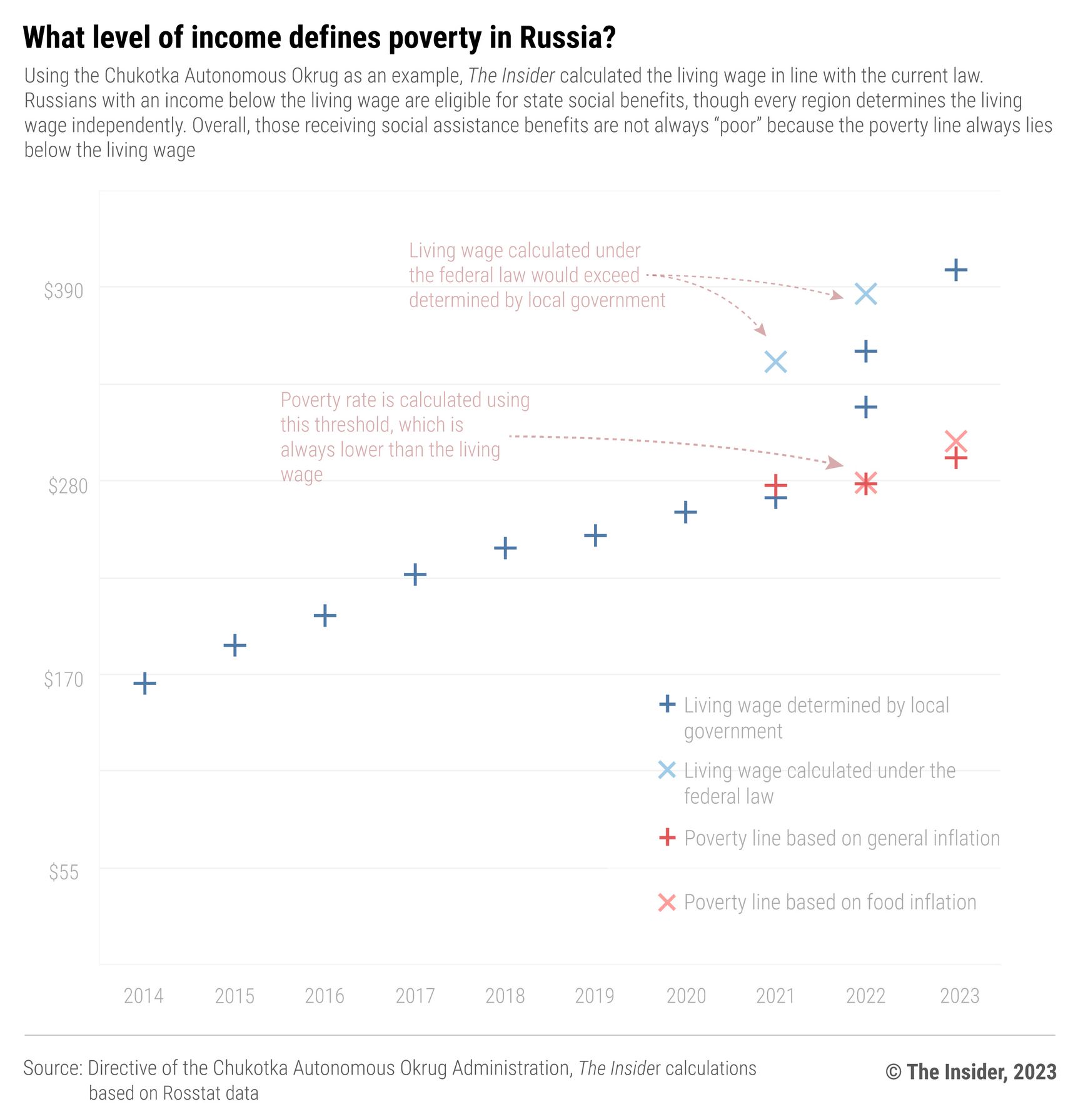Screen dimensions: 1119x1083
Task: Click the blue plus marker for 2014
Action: tap(144, 683)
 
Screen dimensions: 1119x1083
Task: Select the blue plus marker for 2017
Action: tap(415, 574)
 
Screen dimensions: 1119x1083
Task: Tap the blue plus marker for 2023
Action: tap(956, 270)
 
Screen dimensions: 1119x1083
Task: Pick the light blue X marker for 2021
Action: tap(775, 362)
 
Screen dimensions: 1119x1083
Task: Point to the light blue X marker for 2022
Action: tap(866, 293)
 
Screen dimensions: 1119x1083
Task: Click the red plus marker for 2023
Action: tap(956, 458)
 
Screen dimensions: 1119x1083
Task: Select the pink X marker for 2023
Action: tap(956, 441)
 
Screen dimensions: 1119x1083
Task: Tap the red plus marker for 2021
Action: tap(775, 485)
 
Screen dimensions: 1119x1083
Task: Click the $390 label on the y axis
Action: tap(63, 291)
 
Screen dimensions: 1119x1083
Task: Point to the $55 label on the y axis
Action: tap(64, 872)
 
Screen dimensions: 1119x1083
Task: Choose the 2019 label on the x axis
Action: tap(595, 995)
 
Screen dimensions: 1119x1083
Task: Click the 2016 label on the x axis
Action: tap(325, 995)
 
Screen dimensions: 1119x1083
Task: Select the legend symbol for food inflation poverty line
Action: tap(667, 903)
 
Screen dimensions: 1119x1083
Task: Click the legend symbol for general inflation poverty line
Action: tap(667, 837)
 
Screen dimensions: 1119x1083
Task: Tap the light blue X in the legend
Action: tap(667, 770)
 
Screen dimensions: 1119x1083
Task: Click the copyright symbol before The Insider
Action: tap(894, 1072)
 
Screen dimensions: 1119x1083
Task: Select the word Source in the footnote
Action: tap(53, 1068)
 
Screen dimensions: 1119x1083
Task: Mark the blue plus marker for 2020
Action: tap(685, 512)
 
